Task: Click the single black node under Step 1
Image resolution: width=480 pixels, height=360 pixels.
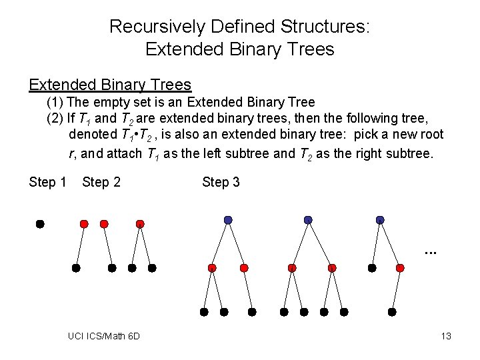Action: pos(40,225)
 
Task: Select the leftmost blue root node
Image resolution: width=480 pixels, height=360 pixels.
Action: pos(228,219)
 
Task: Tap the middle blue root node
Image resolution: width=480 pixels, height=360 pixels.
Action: pos(308,219)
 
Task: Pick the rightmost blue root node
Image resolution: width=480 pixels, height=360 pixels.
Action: pos(380,219)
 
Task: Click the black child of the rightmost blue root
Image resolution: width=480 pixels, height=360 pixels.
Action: pos(372,268)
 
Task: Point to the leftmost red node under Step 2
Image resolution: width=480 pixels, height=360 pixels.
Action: pos(84,224)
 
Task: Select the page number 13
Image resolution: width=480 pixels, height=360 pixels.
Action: pos(446,336)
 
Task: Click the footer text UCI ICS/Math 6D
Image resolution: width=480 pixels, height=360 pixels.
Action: pos(104,336)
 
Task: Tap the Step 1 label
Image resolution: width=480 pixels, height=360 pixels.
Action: pos(47,182)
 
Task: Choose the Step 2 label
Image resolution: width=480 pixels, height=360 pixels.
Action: pos(101,182)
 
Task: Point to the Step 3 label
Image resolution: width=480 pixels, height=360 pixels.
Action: pos(221,182)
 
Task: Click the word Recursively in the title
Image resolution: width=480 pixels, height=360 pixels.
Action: pos(153,27)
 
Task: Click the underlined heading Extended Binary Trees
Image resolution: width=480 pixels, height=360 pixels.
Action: pos(110,85)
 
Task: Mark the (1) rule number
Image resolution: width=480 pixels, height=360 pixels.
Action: pos(55,103)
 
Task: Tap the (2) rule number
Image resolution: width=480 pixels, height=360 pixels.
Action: pos(55,119)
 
